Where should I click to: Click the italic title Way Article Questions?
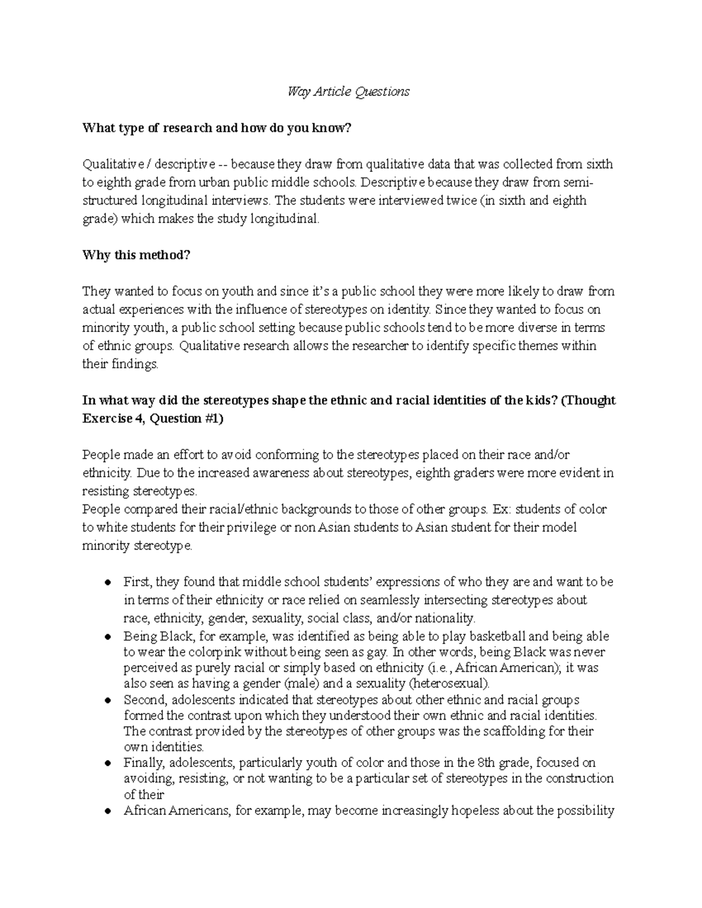[348, 92]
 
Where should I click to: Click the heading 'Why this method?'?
[136, 256]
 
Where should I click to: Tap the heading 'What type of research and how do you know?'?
[216, 128]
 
